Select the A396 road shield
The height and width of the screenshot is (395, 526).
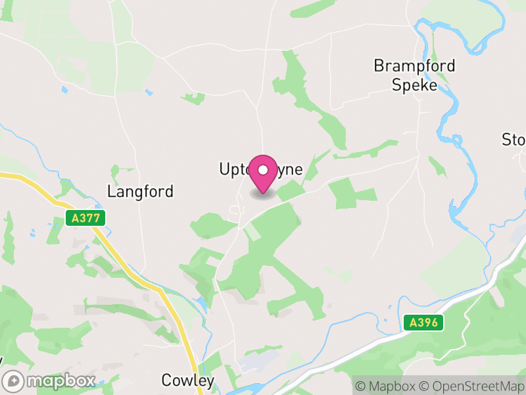click(x=423, y=323)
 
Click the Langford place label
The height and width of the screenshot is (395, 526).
click(x=141, y=192)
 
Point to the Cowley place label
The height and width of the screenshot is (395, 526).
click(x=188, y=381)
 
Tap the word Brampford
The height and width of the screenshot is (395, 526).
click(x=414, y=66)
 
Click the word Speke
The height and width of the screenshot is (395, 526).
click(x=414, y=85)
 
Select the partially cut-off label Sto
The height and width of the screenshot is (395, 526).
click(x=514, y=140)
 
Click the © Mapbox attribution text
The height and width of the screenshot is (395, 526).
click(x=388, y=386)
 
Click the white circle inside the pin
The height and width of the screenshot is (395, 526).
click(x=263, y=170)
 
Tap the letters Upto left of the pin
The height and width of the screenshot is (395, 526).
click(x=233, y=169)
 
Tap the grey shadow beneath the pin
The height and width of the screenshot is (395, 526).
click(x=263, y=194)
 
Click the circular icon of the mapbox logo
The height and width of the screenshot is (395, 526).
click(x=14, y=381)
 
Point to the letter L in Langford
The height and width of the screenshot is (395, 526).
click(x=111, y=192)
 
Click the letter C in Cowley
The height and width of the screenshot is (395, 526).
click(x=167, y=381)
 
